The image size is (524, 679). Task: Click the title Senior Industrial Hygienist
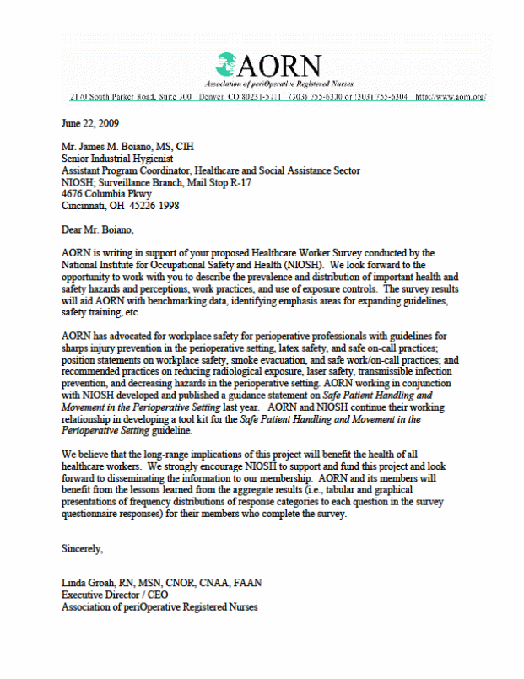click(119, 157)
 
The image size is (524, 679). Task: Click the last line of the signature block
click(159, 607)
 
